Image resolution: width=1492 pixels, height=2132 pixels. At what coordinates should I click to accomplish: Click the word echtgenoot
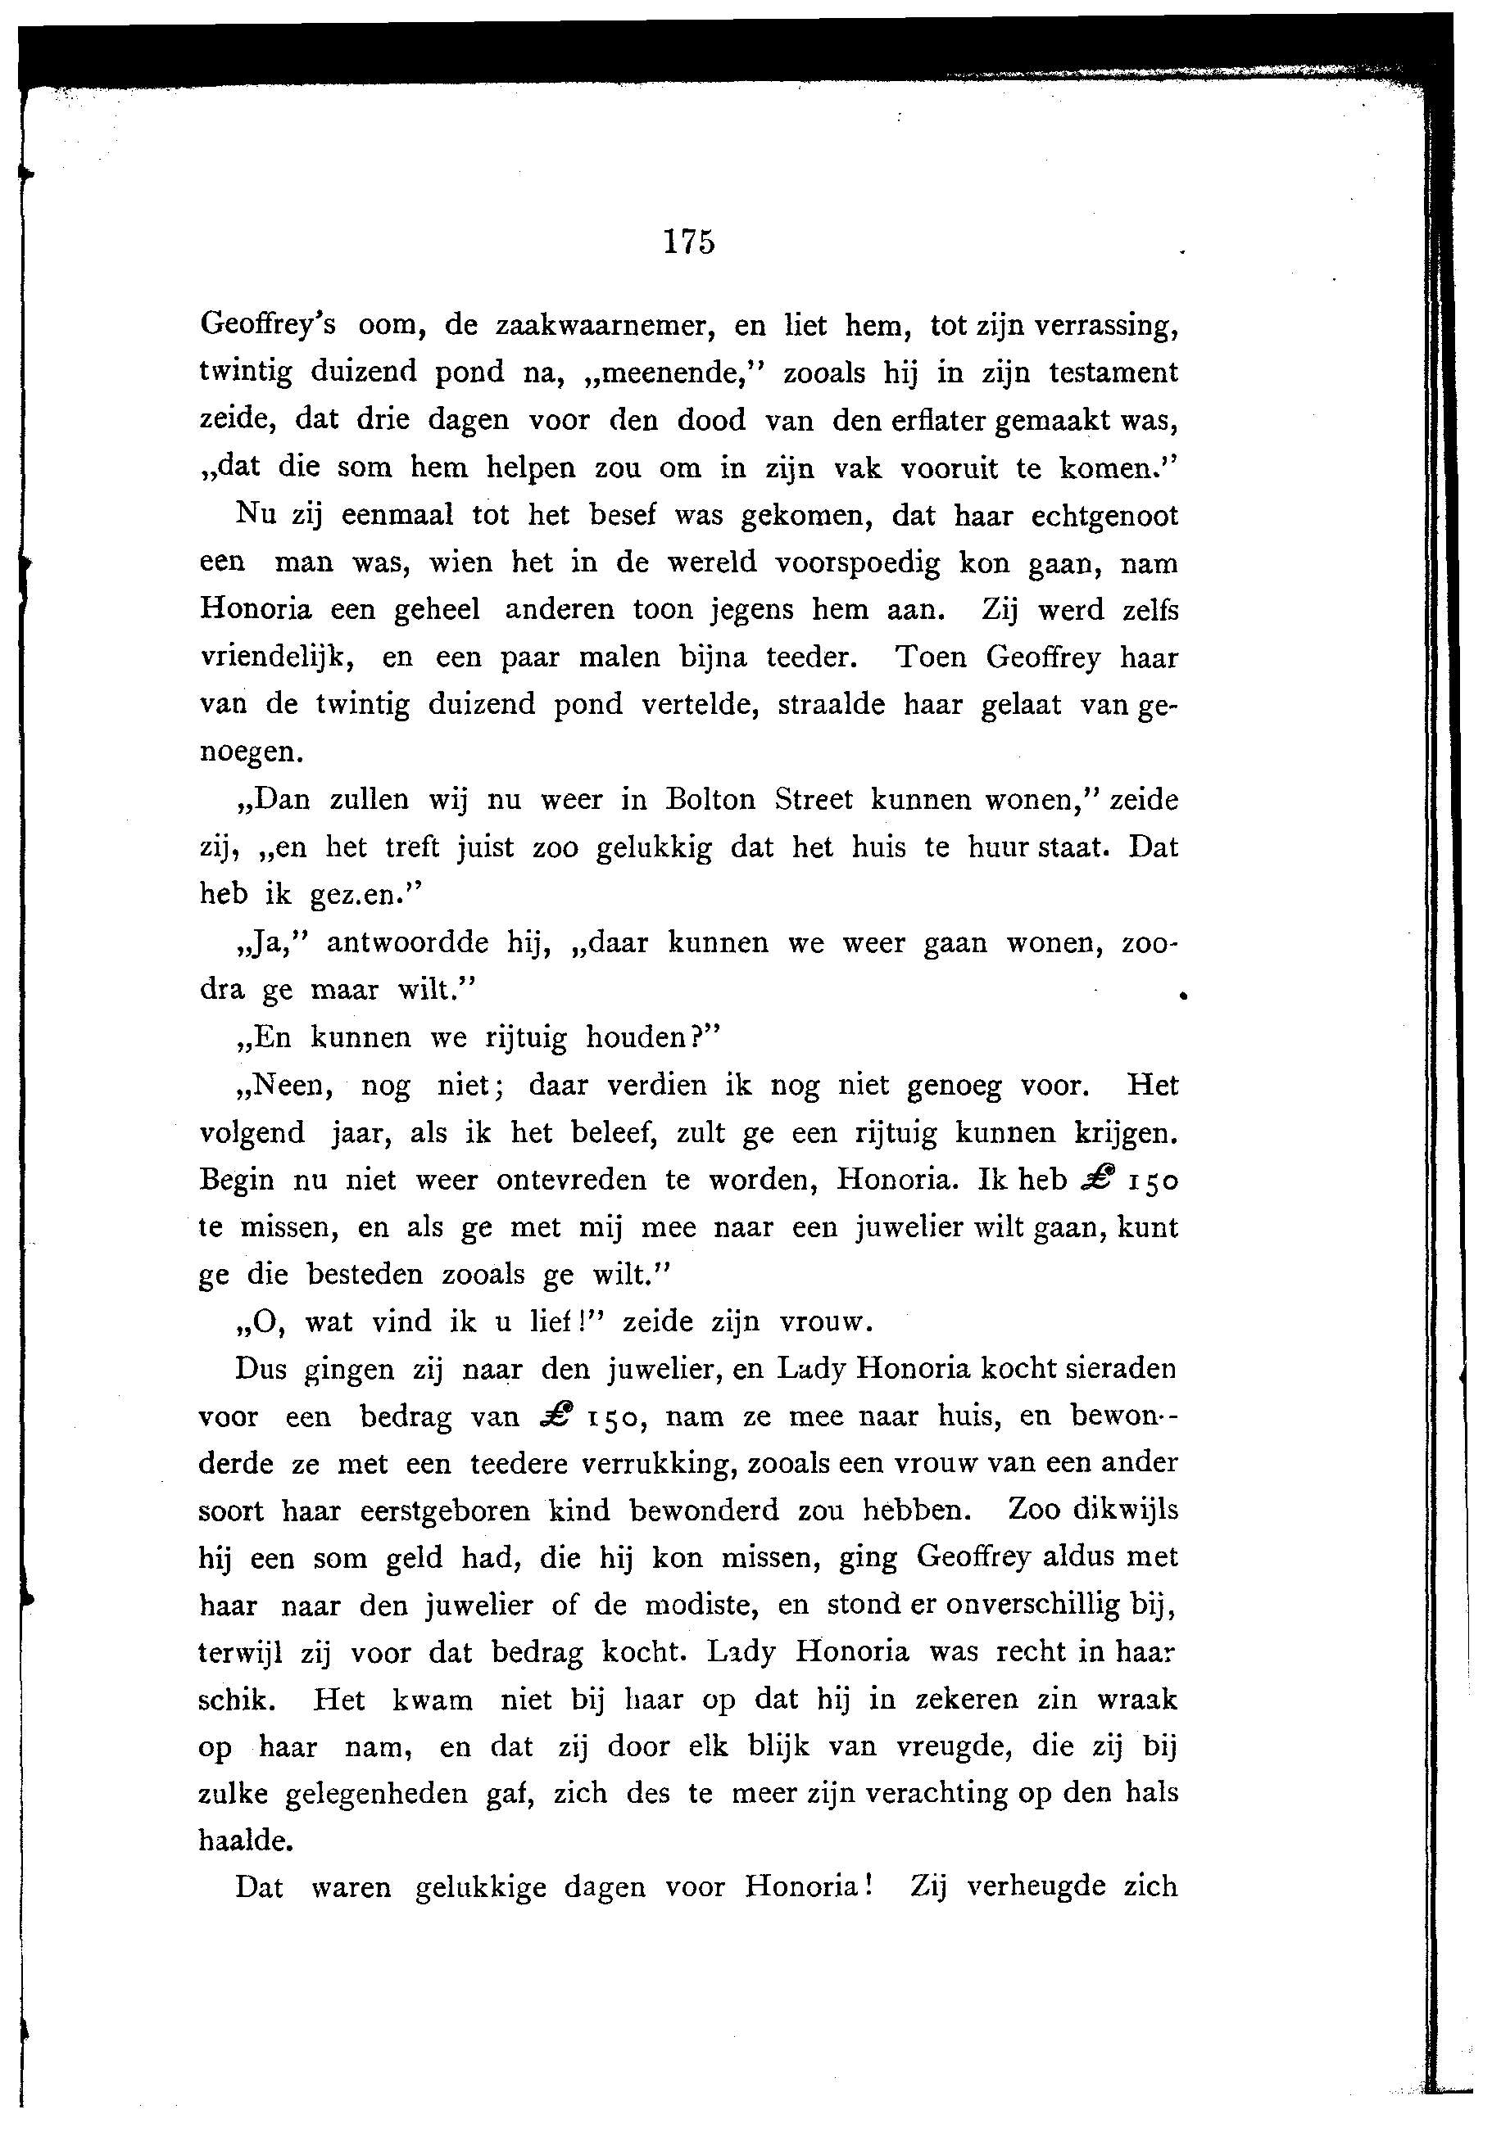1104,515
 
